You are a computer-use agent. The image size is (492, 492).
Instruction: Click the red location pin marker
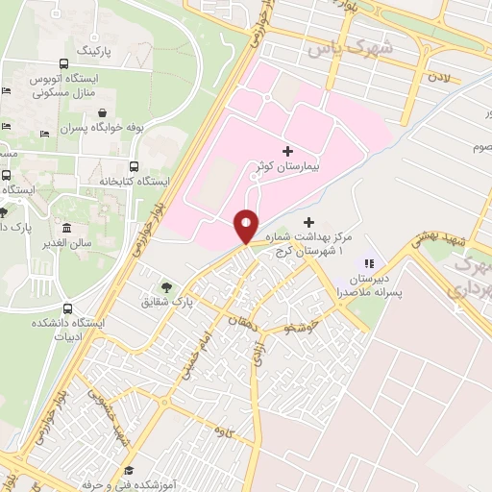pos(246,227)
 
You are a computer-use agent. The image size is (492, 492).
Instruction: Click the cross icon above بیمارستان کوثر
pos(288,151)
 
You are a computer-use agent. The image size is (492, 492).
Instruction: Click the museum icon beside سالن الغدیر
pos(65,229)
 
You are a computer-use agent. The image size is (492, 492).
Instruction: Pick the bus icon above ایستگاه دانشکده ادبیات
pos(67,308)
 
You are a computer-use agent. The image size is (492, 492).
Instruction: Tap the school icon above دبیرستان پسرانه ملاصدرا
pos(367,263)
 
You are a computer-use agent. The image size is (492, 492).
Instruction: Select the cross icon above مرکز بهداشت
pos(307,223)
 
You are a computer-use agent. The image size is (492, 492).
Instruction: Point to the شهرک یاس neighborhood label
pos(335,46)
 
